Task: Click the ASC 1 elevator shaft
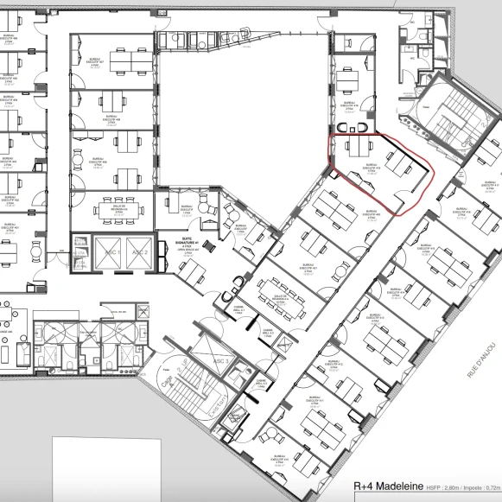(109, 251)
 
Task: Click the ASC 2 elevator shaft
(139, 251)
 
